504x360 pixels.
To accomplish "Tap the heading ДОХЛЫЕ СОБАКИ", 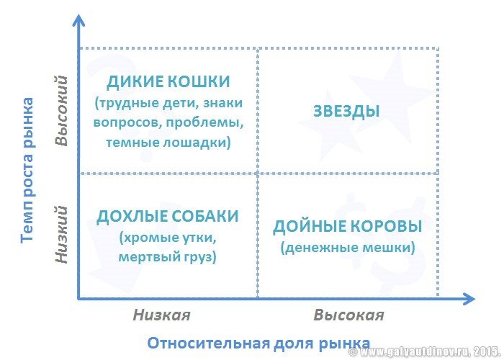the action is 167,216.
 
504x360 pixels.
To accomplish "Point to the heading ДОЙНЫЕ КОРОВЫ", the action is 347,226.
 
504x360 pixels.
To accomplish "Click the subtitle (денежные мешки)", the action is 347,247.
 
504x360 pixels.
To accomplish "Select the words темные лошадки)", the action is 168,142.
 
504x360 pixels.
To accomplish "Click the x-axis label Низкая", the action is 161,315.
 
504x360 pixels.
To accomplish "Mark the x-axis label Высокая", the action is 348,315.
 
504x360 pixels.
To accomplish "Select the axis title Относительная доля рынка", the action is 259,343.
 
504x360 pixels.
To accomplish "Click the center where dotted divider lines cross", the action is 258,174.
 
